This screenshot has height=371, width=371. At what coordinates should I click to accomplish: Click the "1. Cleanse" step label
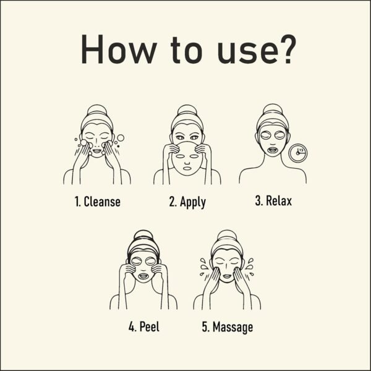[x=98, y=202]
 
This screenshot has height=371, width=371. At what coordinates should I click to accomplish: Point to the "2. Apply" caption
[x=187, y=203]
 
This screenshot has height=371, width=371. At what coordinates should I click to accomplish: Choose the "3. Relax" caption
[x=273, y=201]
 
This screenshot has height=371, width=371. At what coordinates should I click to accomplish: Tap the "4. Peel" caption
[x=144, y=326]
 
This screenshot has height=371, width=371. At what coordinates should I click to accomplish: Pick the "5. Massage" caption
[x=228, y=328]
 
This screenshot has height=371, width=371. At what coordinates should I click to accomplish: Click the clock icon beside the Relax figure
[x=297, y=153]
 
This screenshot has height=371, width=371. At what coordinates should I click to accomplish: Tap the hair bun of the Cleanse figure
[x=97, y=110]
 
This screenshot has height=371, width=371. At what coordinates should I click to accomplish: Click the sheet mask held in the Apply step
[x=187, y=159]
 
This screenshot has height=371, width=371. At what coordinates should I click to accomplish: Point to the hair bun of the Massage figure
[x=227, y=236]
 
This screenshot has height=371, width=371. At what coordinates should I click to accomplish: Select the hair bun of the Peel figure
[x=143, y=236]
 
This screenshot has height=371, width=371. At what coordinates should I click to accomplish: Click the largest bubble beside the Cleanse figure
[x=121, y=138]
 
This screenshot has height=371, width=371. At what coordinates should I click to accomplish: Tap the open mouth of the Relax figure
[x=273, y=150]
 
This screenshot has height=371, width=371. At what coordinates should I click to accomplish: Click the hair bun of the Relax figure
[x=273, y=109]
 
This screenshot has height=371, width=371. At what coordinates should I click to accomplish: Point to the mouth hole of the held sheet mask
[x=187, y=168]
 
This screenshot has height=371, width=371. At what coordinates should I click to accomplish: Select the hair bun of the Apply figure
[x=187, y=110]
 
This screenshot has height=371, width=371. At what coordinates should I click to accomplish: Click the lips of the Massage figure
[x=227, y=276]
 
